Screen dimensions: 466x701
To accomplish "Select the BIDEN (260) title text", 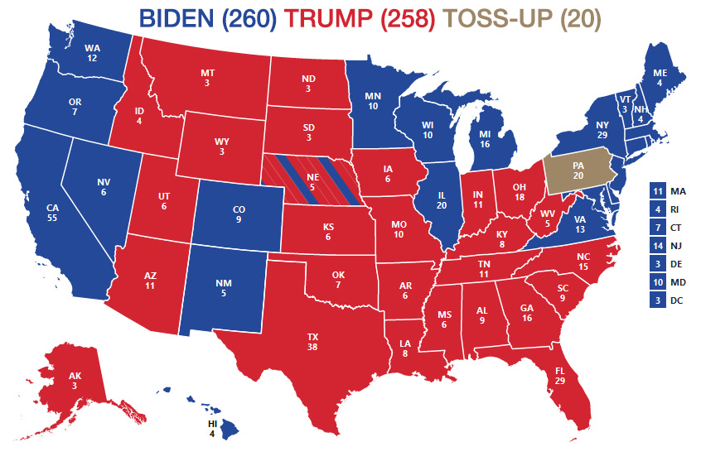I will [x=207, y=18].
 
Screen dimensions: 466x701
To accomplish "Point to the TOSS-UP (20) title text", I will [x=523, y=18].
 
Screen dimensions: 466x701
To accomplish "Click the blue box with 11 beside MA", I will [x=658, y=191].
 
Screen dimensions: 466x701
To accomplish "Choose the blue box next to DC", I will [x=658, y=300].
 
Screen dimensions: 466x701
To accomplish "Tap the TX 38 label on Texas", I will [x=312, y=343].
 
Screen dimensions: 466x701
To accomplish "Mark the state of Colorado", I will [x=237, y=214].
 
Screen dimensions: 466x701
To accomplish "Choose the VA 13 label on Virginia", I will [x=579, y=223].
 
